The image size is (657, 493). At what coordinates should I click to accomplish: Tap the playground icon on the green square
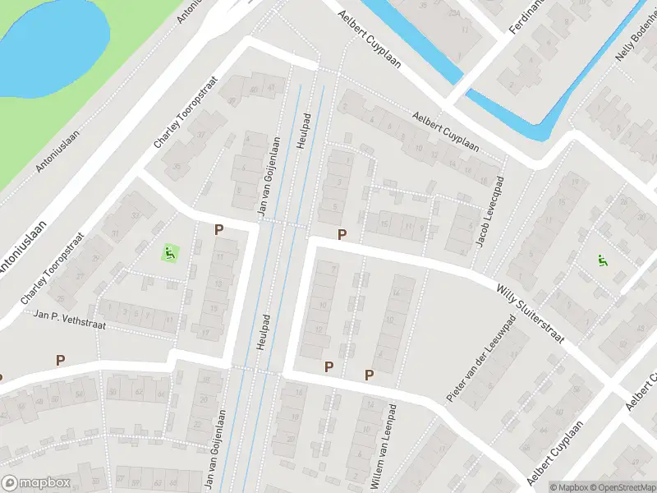170,252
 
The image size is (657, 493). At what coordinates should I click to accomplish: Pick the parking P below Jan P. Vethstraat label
60,360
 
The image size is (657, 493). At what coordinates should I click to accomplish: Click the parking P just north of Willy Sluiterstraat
342,234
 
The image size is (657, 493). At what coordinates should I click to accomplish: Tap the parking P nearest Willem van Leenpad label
370,375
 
